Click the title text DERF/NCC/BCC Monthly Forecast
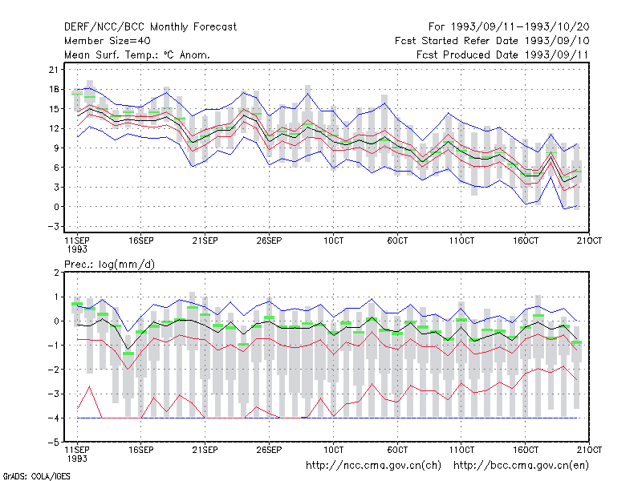[x=150, y=27]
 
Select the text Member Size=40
[x=108, y=41]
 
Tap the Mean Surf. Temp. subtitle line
[x=136, y=55]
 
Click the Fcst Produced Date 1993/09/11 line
[x=502, y=55]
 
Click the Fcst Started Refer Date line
[x=492, y=41]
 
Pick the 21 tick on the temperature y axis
[x=54, y=70]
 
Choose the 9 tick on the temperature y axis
[x=56, y=148]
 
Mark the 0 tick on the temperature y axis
[x=56, y=207]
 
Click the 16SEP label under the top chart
[x=141, y=240]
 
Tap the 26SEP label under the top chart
[x=269, y=240]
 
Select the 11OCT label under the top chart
[x=461, y=240]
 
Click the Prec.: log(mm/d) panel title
[x=109, y=265]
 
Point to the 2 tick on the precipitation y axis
[x=56, y=273]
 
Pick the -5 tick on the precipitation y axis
[x=54, y=443]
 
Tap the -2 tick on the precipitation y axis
[x=54, y=370]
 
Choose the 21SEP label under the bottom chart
[x=205, y=450]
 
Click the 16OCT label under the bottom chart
[x=526, y=450]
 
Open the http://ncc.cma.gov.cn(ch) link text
[x=373, y=466]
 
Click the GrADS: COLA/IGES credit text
[x=36, y=476]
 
